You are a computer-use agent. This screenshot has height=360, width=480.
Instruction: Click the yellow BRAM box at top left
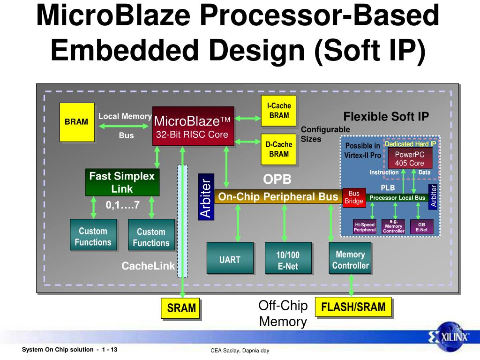point(77,122)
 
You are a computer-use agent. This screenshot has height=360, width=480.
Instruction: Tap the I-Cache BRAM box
point(279,111)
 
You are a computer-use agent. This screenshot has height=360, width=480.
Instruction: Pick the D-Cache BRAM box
point(279,149)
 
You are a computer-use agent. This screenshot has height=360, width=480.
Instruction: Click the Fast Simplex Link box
point(122,182)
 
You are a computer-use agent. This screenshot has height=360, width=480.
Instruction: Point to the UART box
point(230,258)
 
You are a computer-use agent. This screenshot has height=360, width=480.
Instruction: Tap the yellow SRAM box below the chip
point(181,308)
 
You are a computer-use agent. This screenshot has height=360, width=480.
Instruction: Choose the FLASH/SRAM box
point(353,307)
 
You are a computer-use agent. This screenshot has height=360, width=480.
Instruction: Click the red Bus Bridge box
point(354,197)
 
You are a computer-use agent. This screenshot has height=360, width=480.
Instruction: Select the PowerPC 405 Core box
point(409,158)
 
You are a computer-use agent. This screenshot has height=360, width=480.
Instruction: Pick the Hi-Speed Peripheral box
point(364,227)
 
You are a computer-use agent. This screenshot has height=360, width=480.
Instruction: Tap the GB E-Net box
point(421,227)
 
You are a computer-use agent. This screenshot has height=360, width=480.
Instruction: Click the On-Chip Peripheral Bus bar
point(278,197)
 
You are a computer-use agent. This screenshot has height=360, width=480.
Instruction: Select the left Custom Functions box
point(93,237)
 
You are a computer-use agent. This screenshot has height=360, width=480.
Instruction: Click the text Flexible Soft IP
point(386,117)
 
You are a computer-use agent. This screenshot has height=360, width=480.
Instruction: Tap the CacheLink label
point(148,266)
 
